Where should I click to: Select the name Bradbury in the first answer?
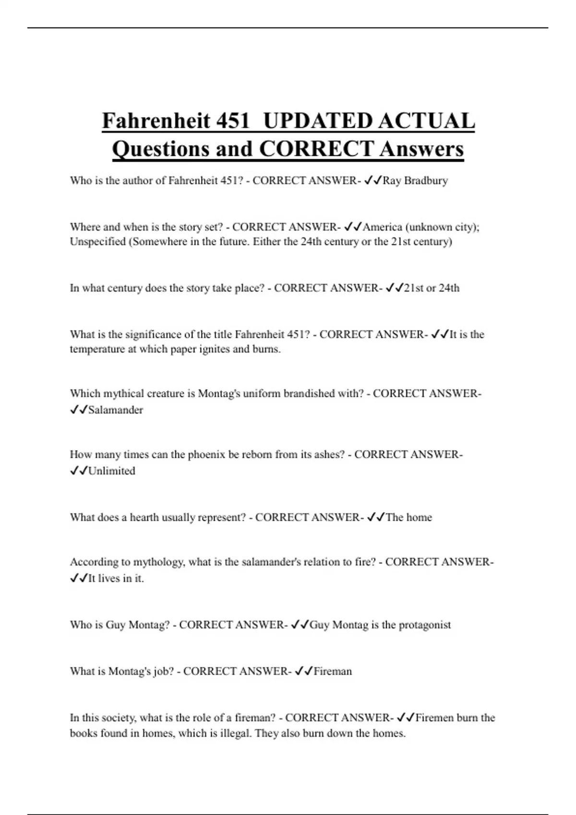click(426, 181)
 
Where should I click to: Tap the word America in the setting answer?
click(382, 227)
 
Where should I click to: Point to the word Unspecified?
click(98, 242)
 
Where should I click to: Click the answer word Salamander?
click(116, 410)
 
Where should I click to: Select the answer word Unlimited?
click(112, 471)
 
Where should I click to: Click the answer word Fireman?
click(333, 671)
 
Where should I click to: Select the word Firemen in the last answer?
click(434, 718)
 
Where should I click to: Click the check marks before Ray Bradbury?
click(373, 181)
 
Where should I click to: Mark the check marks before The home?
click(376, 517)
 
